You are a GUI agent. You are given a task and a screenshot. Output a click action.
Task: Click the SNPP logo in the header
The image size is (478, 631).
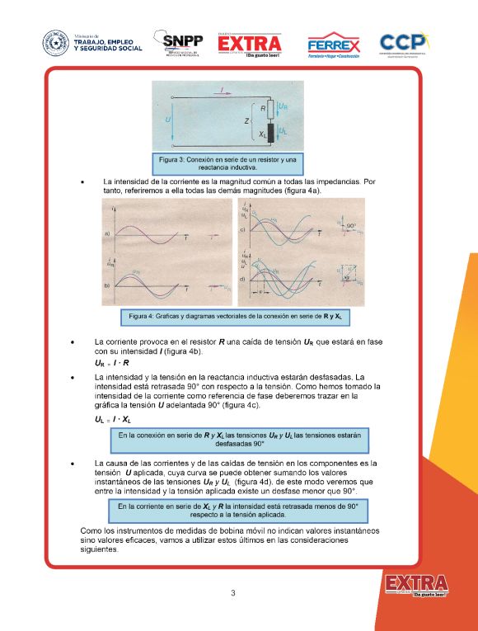[x=182, y=44]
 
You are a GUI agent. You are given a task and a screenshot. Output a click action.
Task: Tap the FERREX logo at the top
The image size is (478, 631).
[x=333, y=45]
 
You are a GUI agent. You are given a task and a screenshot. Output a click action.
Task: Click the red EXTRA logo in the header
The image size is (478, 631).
[x=250, y=45]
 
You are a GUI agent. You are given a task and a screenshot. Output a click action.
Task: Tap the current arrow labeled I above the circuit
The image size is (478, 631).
[x=220, y=87]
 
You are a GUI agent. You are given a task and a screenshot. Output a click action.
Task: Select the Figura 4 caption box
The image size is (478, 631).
[x=235, y=315]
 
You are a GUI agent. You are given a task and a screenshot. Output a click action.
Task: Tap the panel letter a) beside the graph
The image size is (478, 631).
[x=108, y=235]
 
